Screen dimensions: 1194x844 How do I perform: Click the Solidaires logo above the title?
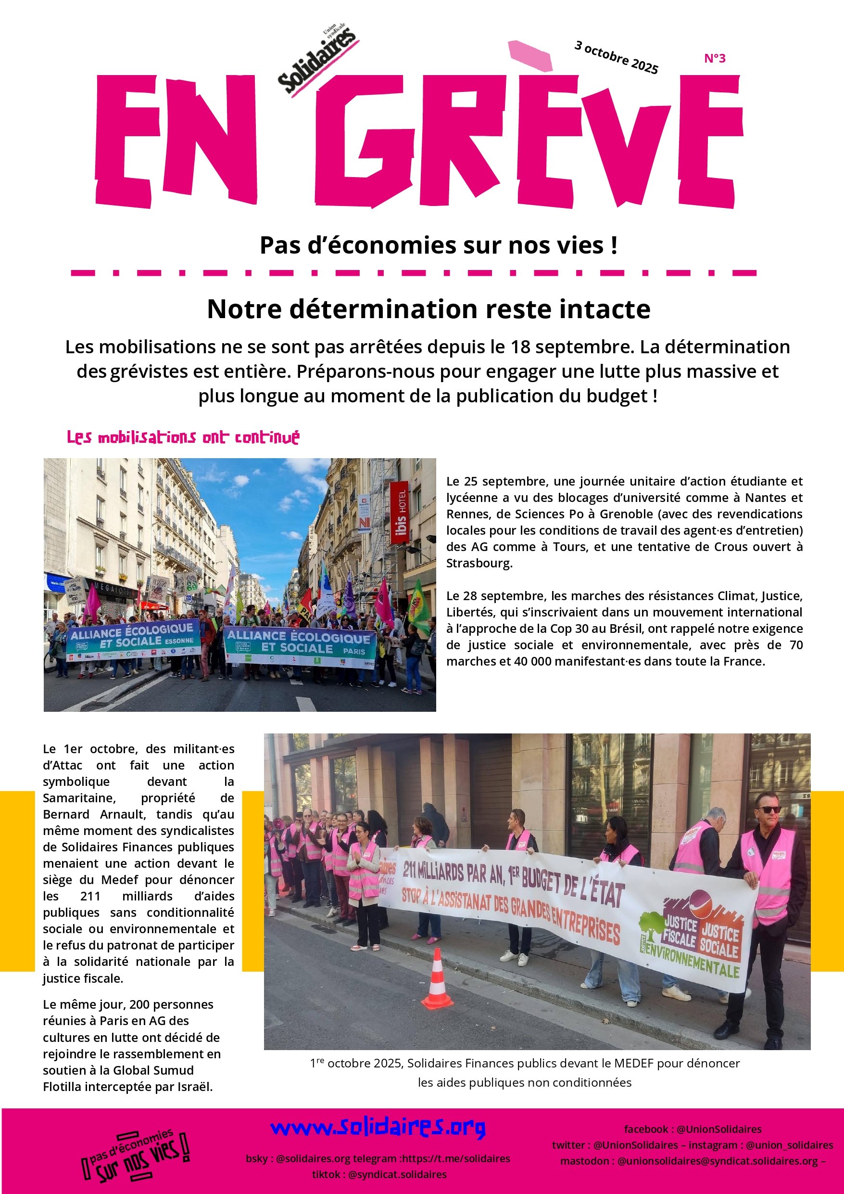coord(316,58)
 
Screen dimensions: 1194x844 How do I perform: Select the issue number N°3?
coord(715,59)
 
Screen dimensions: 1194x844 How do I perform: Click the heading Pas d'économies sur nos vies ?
coord(439,245)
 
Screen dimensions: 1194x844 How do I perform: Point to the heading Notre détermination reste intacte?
coord(428,309)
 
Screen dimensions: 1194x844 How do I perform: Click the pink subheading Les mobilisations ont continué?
coord(183,437)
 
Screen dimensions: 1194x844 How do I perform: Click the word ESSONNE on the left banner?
coord(180,641)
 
